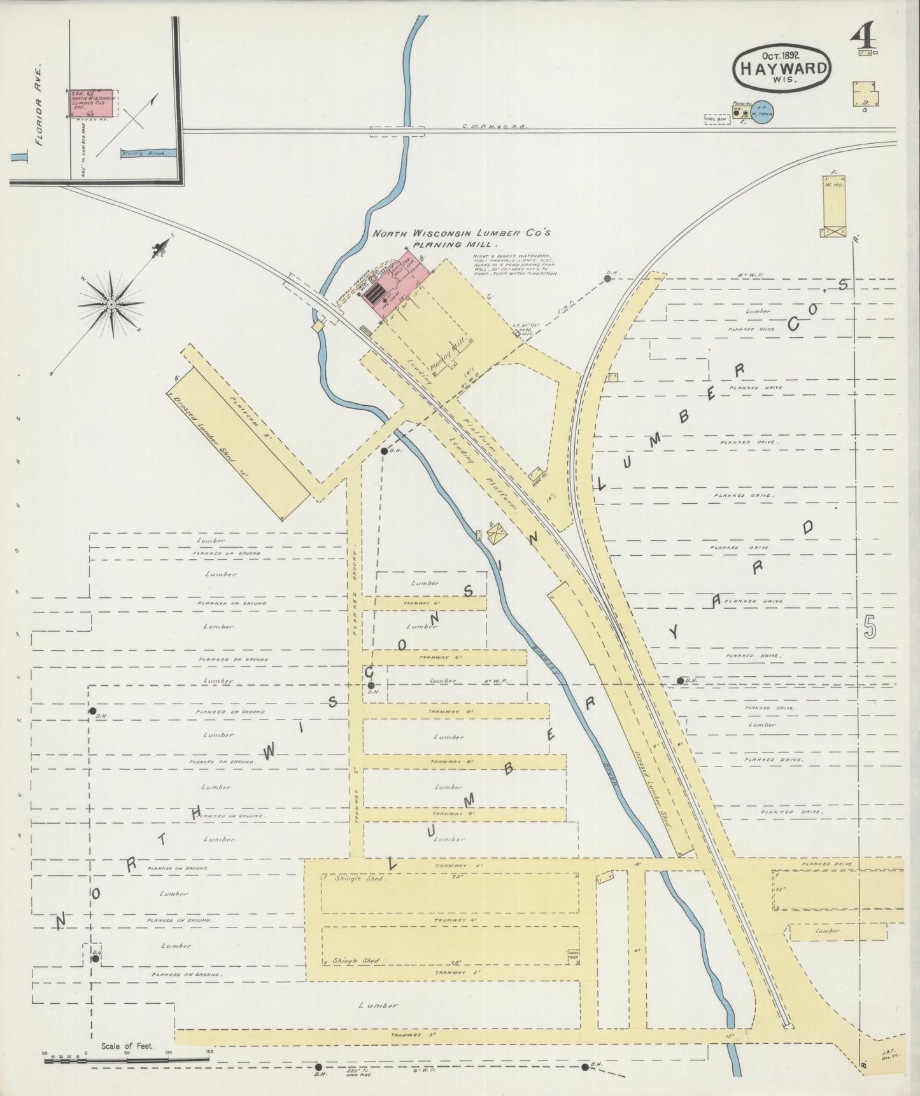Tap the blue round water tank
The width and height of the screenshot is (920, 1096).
(x=761, y=113)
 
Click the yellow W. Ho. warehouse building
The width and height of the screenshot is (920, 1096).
(x=833, y=205)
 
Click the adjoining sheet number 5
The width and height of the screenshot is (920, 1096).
(x=870, y=628)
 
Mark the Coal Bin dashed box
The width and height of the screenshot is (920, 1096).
(x=717, y=119)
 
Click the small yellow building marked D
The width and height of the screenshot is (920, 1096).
(x=865, y=94)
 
